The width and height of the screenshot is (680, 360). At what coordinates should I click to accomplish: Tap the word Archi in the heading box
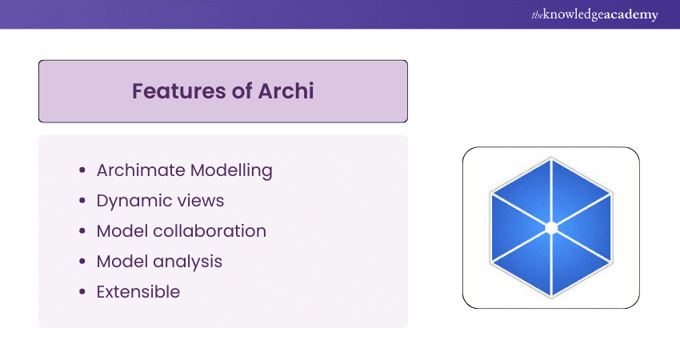point(285,91)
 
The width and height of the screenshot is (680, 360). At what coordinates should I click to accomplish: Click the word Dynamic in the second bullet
point(132,201)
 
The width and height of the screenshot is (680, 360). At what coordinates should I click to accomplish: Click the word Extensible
point(138,292)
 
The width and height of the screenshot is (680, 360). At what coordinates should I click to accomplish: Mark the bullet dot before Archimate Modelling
point(83,171)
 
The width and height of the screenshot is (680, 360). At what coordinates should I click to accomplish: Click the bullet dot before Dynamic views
point(83,202)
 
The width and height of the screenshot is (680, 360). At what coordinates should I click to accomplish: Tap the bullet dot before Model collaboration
point(83,232)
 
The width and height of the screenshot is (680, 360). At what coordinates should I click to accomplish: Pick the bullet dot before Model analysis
point(83,262)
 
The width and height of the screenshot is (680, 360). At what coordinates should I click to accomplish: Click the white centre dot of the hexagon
point(551,228)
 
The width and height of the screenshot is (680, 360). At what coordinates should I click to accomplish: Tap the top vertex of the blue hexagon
point(551,158)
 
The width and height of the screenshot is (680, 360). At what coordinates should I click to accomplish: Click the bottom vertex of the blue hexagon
point(551,298)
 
